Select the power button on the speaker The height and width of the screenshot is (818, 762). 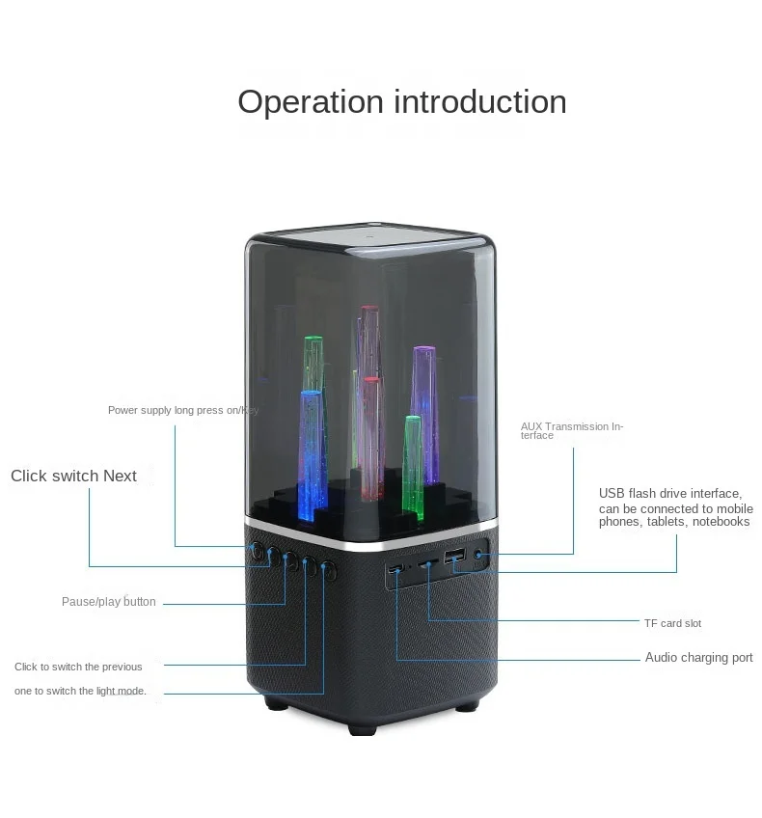pyautogui.click(x=257, y=551)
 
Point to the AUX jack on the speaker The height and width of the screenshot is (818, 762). pyautogui.click(x=479, y=555)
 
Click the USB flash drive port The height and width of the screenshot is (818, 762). pyautogui.click(x=454, y=557)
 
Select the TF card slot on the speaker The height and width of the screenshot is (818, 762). pyautogui.click(x=425, y=563)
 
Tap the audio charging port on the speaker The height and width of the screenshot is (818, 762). pyautogui.click(x=395, y=570)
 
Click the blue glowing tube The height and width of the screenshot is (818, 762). pyautogui.click(x=310, y=449)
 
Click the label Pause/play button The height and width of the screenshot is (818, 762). pyautogui.click(x=109, y=602)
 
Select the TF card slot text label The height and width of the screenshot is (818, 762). pyautogui.click(x=672, y=623)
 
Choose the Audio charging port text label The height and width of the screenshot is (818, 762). pyautogui.click(x=698, y=658)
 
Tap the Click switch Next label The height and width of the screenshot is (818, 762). pyautogui.click(x=73, y=476)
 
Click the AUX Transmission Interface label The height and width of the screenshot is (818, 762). pyautogui.click(x=572, y=430)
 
